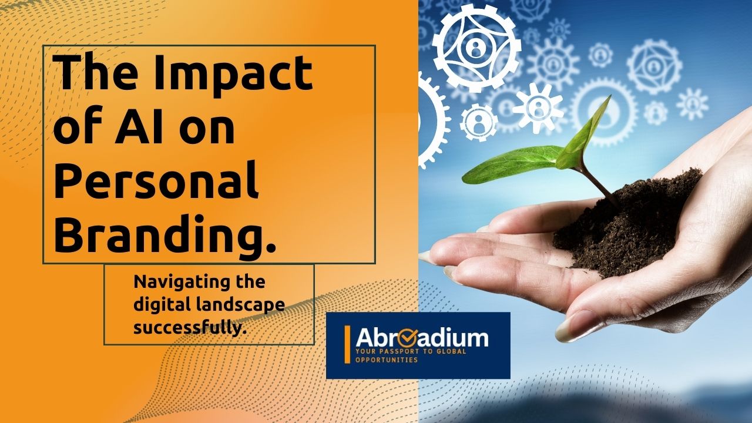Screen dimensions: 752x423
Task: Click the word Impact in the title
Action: [x=233, y=73]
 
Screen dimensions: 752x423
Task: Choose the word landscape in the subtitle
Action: [x=240, y=305]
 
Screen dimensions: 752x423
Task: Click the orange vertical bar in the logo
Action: [x=347, y=344]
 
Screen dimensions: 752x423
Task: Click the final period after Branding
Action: [x=271, y=248]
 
